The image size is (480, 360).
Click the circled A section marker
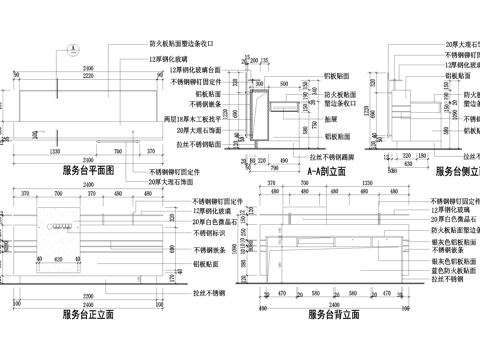coord(73,47)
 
